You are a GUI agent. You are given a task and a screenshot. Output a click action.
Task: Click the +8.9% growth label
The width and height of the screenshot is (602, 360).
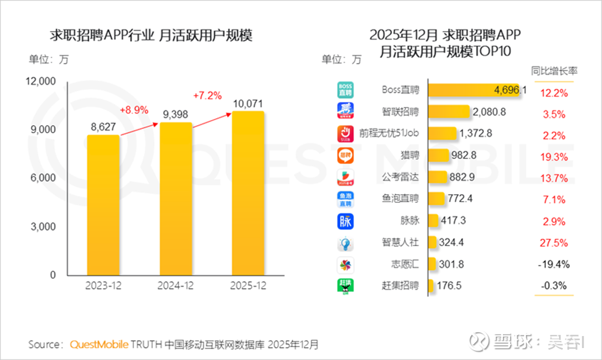tap(134, 109)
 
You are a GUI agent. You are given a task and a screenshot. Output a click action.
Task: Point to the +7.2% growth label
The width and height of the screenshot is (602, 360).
tap(207, 96)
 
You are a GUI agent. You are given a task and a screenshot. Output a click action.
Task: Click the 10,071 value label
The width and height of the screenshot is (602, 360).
tap(249, 103)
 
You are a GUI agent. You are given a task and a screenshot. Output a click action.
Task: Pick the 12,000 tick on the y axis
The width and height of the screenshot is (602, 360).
tap(41, 82)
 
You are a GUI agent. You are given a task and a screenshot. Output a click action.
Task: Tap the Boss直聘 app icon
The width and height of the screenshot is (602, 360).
tap(345, 90)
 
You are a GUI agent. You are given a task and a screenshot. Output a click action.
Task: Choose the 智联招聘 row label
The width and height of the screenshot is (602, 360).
tap(400, 113)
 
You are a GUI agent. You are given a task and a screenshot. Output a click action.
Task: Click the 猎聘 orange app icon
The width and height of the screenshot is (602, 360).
tap(345, 156)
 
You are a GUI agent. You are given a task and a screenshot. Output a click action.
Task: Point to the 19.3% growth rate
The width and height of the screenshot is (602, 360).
tap(554, 157)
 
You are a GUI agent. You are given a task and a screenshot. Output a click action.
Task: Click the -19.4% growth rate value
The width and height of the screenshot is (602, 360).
tap(553, 265)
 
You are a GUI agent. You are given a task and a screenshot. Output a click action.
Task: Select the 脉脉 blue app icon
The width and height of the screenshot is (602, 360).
tap(345, 221)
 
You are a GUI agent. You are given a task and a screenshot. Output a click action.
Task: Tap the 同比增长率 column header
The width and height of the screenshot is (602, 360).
tap(554, 71)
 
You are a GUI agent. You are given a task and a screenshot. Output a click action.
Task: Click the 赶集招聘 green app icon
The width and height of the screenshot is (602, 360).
tap(345, 286)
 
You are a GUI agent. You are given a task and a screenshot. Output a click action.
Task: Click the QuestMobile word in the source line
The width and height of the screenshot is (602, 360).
tap(100, 344)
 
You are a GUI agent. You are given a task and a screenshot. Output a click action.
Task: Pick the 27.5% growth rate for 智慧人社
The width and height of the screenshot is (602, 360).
tap(554, 243)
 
